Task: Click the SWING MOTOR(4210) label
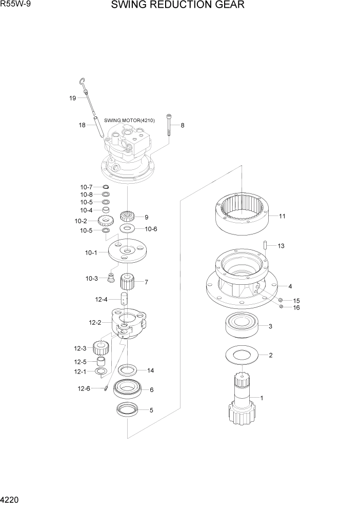point(122,121)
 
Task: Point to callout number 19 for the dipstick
point(73,97)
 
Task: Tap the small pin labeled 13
point(265,246)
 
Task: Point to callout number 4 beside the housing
point(290,286)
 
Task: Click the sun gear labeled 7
point(127,282)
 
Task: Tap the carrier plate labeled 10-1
point(127,252)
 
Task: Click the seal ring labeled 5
point(127,409)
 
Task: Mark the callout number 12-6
point(84,388)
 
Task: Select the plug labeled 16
point(281,307)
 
